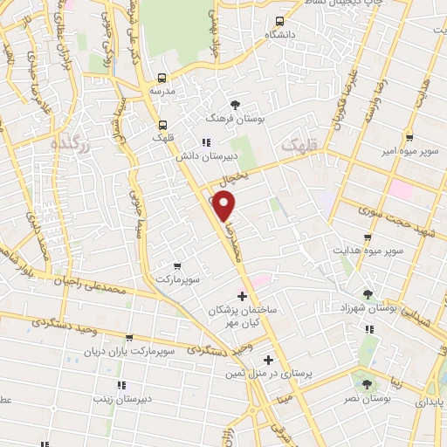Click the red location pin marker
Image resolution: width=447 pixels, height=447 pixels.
pyautogui.click(x=224, y=206)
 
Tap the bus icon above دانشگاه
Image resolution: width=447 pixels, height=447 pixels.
pyautogui.click(x=279, y=22)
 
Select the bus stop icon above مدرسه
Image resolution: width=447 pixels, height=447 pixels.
pyautogui.click(x=162, y=77)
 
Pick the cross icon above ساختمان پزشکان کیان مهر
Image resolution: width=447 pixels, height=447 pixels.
pyautogui.click(x=242, y=297)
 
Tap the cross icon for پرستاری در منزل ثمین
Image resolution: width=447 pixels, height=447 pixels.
pyautogui.click(x=268, y=360)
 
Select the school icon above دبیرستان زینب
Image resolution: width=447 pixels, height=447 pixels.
pyautogui.click(x=120, y=384)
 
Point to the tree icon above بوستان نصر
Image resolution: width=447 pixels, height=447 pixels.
pyautogui.click(x=366, y=384)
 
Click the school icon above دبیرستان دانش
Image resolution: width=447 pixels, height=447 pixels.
pyautogui.click(x=205, y=142)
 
